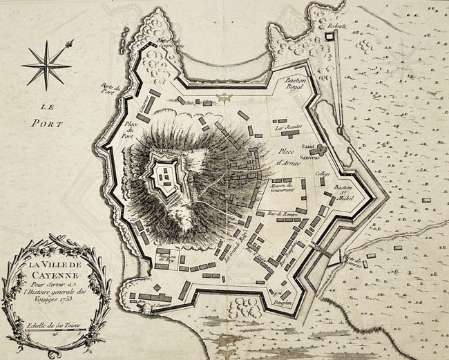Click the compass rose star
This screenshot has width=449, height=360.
46,65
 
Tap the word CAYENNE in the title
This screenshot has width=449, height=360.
55,277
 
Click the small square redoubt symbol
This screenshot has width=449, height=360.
330,39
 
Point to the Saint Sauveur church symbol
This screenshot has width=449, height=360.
322,149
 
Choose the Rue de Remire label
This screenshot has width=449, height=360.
283,214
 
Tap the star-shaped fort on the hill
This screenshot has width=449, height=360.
164,173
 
